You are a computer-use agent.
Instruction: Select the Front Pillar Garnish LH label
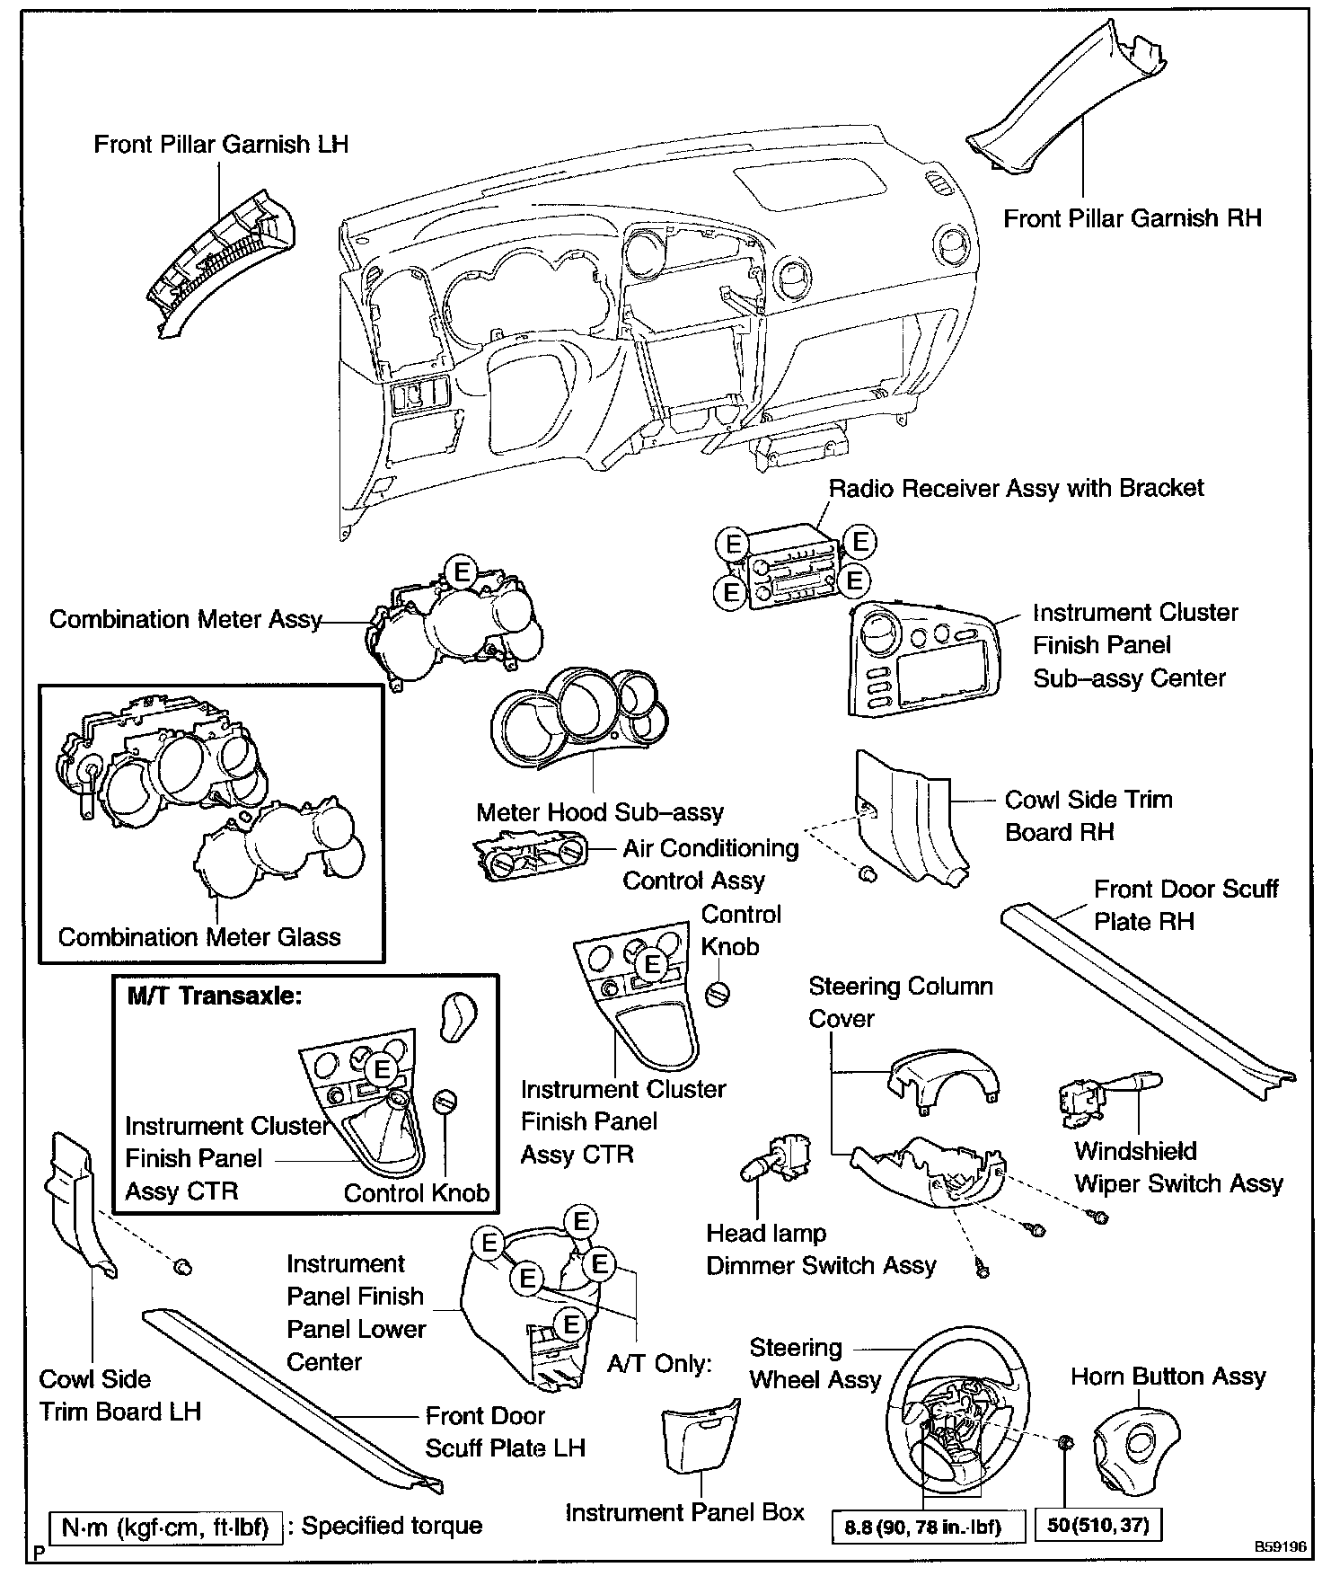(x=221, y=145)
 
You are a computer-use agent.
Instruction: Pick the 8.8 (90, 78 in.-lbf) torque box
(x=922, y=1526)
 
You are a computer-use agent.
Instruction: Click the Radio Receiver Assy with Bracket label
(x=1015, y=488)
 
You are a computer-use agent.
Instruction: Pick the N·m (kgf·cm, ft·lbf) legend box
(x=166, y=1527)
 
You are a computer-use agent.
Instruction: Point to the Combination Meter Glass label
(x=199, y=937)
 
